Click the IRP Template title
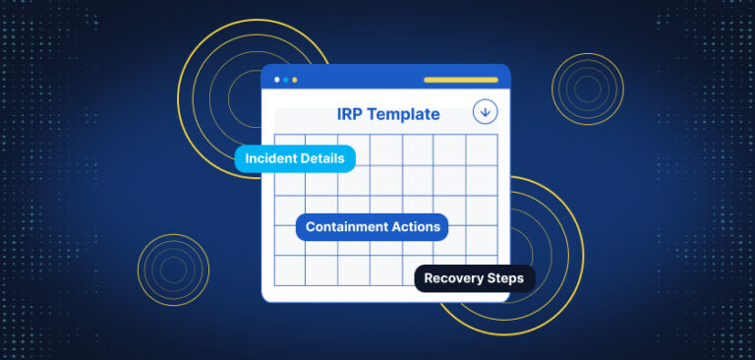coord(388,115)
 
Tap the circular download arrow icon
coord(485,111)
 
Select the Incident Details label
coord(294,158)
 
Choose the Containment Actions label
coord(373,227)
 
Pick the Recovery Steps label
coord(474,278)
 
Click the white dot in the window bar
coord(277,79)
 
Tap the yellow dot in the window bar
coord(294,79)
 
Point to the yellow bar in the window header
coord(461,79)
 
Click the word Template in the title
coord(405,115)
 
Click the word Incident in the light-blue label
coord(272,158)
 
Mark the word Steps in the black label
coord(505,278)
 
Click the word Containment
coord(345,227)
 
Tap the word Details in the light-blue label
coord(322,158)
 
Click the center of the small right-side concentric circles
coord(588,90)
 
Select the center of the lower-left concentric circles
coord(173,270)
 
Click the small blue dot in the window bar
coord(285,79)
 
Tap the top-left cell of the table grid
coord(289,145)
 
